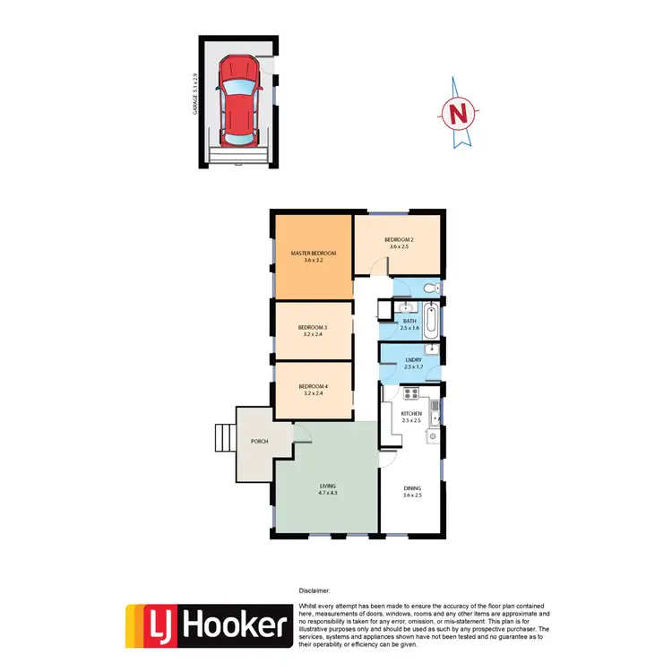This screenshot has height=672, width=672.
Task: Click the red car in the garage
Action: (x=237, y=101)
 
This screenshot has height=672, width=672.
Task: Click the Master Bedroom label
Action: (x=313, y=254)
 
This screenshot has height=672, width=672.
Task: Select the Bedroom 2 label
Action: (x=399, y=239)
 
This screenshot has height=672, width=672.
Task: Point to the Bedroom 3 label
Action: (x=313, y=328)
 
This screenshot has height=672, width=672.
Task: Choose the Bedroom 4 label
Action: (x=313, y=386)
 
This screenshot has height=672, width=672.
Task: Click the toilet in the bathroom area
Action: (x=430, y=288)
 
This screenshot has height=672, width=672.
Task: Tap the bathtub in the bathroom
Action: (x=432, y=320)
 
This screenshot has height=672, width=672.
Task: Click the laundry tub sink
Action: (x=432, y=348)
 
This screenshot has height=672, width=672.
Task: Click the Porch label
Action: (x=260, y=440)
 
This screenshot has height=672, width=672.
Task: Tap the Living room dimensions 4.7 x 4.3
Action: (x=327, y=492)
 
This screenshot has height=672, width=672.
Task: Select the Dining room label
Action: (x=410, y=487)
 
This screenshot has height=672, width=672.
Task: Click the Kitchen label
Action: (x=411, y=413)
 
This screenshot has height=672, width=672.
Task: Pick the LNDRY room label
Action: (x=412, y=360)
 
